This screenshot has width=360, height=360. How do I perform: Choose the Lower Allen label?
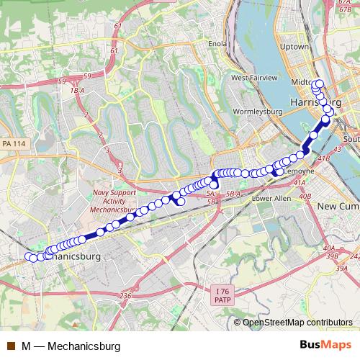271,198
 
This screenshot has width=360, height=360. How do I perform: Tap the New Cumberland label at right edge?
338,207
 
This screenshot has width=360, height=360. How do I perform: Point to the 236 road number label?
126,296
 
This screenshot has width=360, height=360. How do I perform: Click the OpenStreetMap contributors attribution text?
298,323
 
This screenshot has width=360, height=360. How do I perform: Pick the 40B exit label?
305,195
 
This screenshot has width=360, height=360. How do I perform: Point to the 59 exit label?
87,75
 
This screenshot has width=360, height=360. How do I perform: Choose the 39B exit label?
332,255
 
